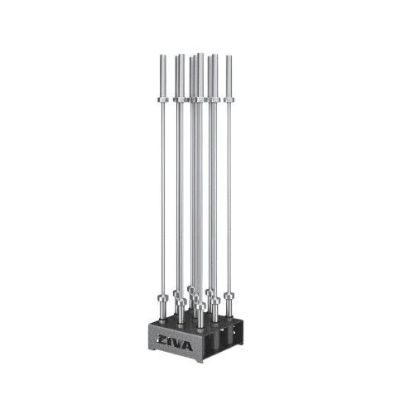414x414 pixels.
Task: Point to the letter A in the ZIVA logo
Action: pyautogui.click(x=188, y=347)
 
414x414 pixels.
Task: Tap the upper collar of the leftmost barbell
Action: pyautogui.click(x=163, y=99)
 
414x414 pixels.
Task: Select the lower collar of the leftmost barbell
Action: pyautogui.click(x=163, y=298)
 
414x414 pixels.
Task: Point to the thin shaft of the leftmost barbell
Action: pyautogui.click(x=163, y=199)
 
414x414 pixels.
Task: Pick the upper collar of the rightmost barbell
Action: pyautogui.click(x=229, y=99)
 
